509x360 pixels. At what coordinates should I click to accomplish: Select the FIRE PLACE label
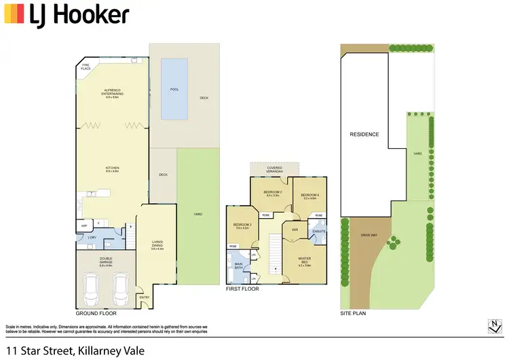[86, 68]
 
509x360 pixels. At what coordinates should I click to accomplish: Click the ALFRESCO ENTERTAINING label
[112, 95]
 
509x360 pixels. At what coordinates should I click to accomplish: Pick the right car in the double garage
[121, 291]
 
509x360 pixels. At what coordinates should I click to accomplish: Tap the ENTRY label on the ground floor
[145, 297]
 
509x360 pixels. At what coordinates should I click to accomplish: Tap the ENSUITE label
[320, 231]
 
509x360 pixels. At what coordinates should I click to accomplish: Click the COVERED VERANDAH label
[274, 168]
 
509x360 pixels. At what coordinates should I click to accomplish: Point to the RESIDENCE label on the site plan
[364, 134]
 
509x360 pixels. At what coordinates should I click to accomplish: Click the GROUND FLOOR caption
[96, 314]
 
